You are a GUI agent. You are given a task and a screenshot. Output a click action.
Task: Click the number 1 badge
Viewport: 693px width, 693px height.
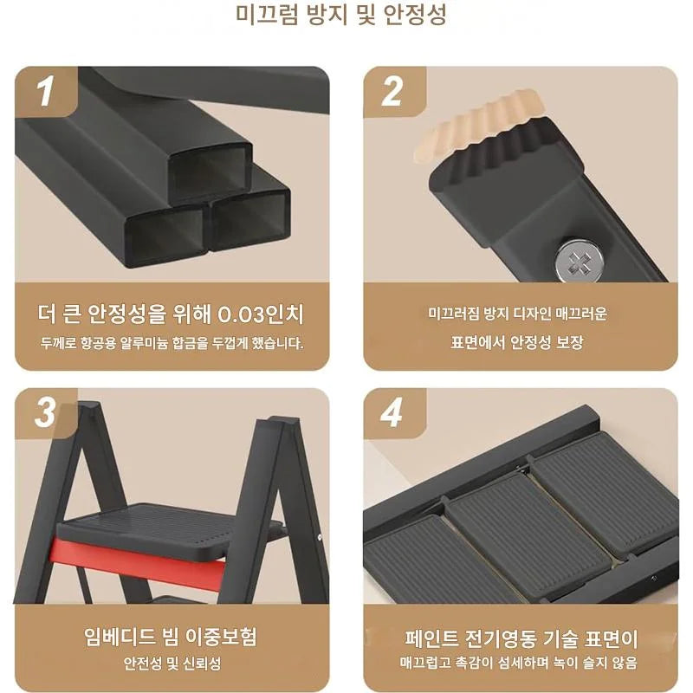coord(46,91)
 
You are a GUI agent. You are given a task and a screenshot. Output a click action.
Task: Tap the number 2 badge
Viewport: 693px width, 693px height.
coord(392,91)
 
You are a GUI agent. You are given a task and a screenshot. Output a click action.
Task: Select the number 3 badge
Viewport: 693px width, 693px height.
coord(46,413)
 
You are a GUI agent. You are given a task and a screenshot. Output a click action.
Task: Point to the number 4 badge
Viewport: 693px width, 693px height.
coord(392,413)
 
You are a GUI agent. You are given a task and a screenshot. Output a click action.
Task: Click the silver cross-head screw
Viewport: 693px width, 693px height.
coord(578,261)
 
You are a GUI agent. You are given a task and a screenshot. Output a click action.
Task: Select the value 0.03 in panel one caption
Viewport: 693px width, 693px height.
coord(241,314)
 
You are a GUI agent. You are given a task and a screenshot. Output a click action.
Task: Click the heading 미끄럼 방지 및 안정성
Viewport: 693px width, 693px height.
coord(340,15)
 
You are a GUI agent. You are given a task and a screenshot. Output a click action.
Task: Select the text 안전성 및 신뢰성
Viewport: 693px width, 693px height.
coord(172,664)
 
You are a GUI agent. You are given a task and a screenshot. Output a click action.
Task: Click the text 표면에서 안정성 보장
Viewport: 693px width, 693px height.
coord(516,342)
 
